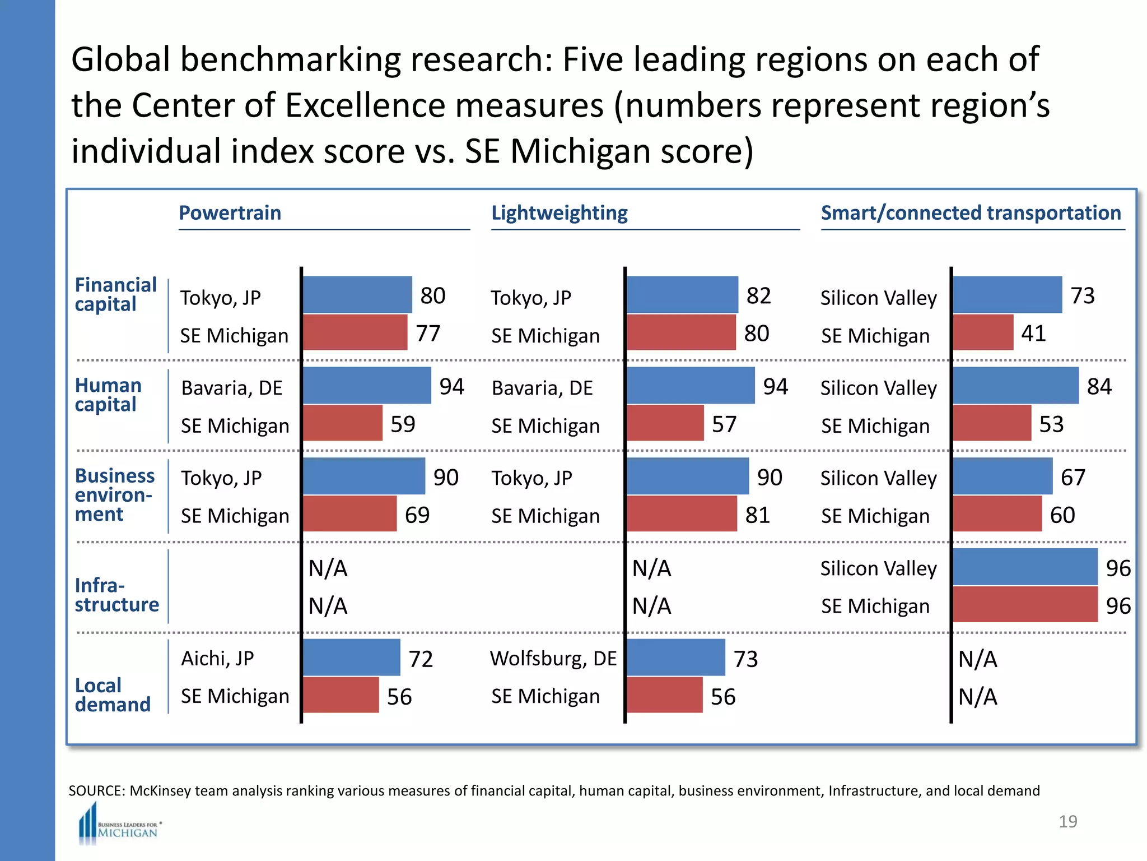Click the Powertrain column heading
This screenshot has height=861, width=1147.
(x=230, y=213)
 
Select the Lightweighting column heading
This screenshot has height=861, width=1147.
(x=559, y=213)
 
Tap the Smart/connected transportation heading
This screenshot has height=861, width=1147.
(x=971, y=213)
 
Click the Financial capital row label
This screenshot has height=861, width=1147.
(x=115, y=294)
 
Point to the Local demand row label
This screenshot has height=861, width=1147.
(x=113, y=695)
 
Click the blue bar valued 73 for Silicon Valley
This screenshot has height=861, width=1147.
(x=1007, y=295)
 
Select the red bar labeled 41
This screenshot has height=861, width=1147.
(x=983, y=332)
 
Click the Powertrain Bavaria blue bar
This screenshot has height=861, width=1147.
(x=367, y=386)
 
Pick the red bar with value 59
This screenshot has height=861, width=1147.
(x=343, y=423)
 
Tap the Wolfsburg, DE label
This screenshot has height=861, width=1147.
(x=553, y=658)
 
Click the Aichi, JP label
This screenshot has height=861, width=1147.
(x=217, y=658)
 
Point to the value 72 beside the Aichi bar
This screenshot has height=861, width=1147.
(x=421, y=659)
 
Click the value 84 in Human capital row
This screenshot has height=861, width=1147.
(x=1099, y=386)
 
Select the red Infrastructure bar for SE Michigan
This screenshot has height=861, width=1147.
(x=1025, y=604)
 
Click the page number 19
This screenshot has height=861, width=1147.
(x=1067, y=821)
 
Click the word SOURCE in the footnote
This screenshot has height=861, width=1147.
(x=96, y=791)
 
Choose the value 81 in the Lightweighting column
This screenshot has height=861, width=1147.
(x=757, y=515)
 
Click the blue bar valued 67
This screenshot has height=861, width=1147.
(x=1003, y=476)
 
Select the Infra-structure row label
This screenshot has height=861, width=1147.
(x=116, y=595)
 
